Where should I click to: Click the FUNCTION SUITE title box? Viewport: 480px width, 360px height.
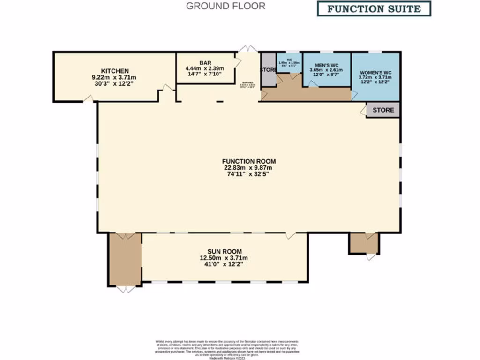click(x=374, y=8)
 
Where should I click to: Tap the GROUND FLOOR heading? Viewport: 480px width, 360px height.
click(x=225, y=6)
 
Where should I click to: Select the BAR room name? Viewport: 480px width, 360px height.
click(x=205, y=62)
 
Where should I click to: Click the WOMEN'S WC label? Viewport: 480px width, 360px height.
click(x=375, y=72)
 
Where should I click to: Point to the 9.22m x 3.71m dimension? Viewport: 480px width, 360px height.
click(x=114, y=77)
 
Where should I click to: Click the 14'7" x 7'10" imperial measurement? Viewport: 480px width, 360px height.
click(x=205, y=74)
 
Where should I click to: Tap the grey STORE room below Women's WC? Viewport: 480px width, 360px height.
click(x=383, y=110)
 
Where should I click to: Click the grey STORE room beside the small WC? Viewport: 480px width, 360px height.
click(x=268, y=70)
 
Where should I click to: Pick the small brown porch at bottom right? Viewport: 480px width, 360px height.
click(x=364, y=243)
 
